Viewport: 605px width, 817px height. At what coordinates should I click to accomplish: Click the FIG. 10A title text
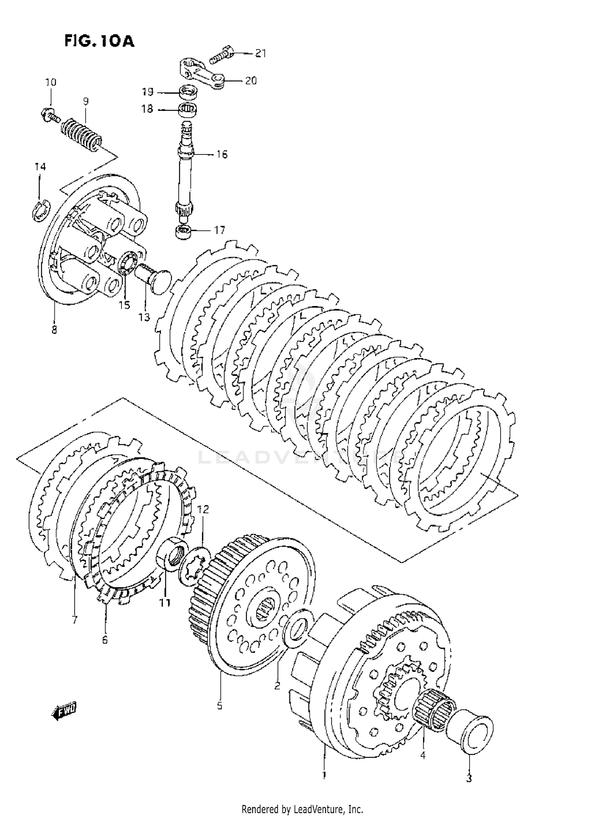pyautogui.click(x=99, y=41)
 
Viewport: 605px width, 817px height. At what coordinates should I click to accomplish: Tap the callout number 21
pyautogui.click(x=261, y=53)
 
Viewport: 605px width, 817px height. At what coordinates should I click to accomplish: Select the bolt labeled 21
pyautogui.click(x=221, y=54)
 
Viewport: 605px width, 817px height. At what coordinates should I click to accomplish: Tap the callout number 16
pyautogui.click(x=222, y=154)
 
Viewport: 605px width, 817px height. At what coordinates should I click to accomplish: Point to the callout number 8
pyautogui.click(x=54, y=329)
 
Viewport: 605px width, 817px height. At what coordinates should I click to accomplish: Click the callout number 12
pyautogui.click(x=203, y=510)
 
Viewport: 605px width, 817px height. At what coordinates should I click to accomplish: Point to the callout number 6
pyautogui.click(x=105, y=640)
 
